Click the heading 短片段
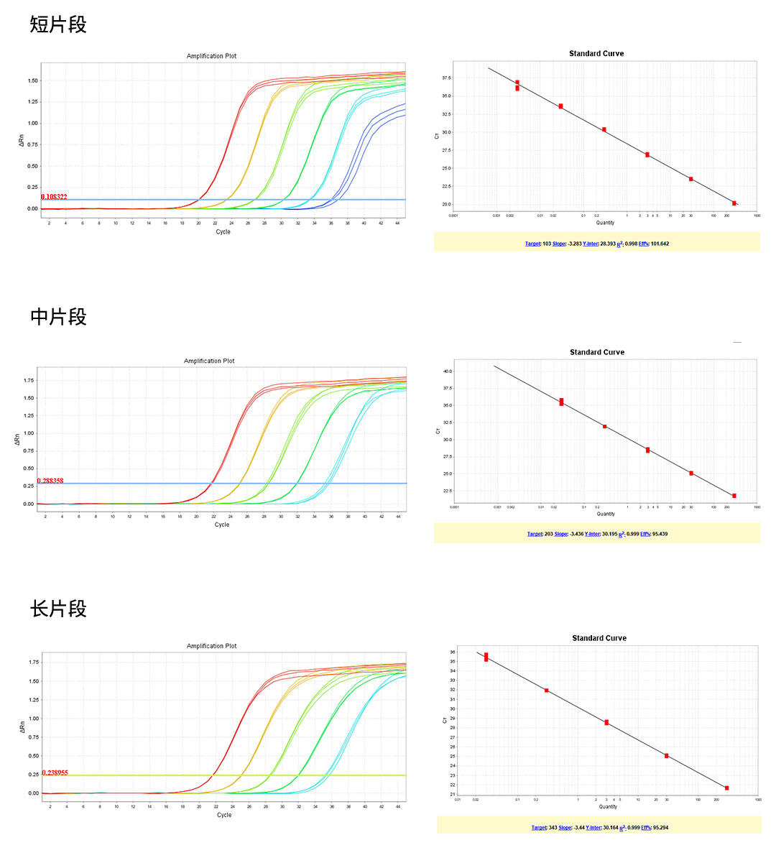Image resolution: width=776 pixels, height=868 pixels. click(x=58, y=25)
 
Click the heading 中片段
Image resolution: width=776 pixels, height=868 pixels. click(x=58, y=317)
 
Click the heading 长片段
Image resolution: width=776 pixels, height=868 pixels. click(x=58, y=609)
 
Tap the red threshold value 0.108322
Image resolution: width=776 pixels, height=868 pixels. click(x=54, y=197)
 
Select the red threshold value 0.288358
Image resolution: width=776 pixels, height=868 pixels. click(x=50, y=481)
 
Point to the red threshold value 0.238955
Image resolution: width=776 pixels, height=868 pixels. click(x=55, y=772)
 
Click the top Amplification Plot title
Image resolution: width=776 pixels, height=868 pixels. click(x=211, y=56)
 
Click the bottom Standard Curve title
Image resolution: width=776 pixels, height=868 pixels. click(x=599, y=638)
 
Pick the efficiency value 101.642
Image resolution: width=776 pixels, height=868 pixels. click(x=660, y=244)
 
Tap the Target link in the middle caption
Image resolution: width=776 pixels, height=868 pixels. click(x=535, y=535)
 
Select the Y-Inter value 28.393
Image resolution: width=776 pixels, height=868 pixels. click(x=608, y=244)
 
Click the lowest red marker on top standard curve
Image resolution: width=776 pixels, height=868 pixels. click(x=734, y=203)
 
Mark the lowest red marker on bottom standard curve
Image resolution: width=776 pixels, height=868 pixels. click(x=727, y=788)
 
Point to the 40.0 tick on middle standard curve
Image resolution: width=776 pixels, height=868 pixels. click(x=448, y=371)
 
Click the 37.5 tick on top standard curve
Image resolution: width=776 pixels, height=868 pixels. click(x=446, y=78)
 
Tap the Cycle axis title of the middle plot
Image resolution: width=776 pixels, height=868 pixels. click(x=222, y=525)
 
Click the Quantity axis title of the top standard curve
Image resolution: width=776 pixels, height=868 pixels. click(x=605, y=223)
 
